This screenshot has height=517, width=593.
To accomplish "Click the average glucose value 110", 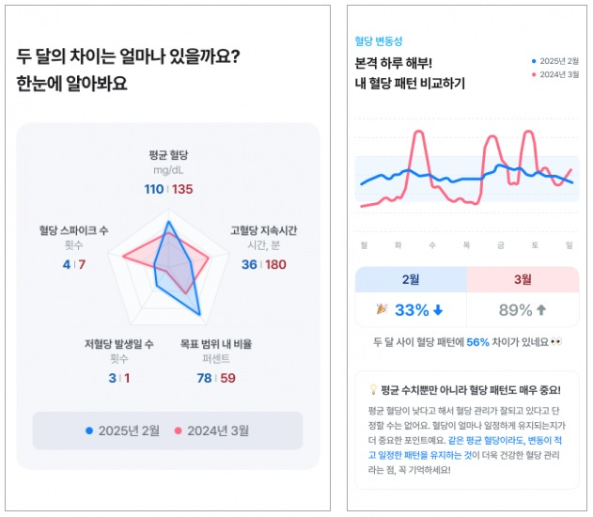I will pos(153,189).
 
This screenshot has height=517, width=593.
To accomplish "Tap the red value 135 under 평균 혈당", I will pos(182,189).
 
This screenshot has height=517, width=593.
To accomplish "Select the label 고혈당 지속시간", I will pos(263,229).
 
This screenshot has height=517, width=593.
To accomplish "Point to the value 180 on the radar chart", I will pos(275,265).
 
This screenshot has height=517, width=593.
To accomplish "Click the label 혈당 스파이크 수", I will pos(73,229).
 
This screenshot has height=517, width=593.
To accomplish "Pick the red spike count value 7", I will pos(82,265).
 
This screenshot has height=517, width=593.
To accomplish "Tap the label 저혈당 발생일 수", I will pos(118,343).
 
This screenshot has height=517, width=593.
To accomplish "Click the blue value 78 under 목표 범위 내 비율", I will pos(204,378).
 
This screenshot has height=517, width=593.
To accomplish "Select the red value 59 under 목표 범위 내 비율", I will pos(227,378).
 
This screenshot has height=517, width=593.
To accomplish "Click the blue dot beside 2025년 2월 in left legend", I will pos(89,431).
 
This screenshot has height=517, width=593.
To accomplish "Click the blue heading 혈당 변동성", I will pos(378,41).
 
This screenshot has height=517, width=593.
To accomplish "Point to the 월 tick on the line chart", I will pos(364,244).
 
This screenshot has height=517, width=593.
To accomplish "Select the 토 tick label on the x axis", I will pos(535,244).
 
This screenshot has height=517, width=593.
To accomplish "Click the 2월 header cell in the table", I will pos(411,279).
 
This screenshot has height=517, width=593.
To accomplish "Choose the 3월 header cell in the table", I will pos(523,279).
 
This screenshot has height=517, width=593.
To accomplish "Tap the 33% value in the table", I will pos(412,310).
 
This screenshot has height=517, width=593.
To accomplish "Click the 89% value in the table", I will pos(515,310).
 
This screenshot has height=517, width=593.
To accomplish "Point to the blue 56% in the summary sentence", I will pos(477,343).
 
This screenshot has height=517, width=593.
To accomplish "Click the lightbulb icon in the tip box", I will pos(373,390).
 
